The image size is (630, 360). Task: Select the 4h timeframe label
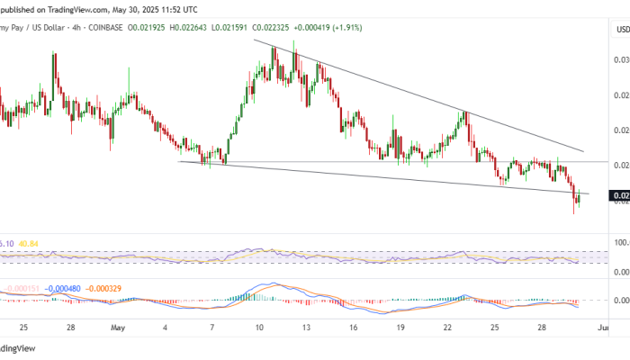tap(74, 28)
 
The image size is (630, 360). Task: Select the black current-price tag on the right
tap(620, 195)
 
